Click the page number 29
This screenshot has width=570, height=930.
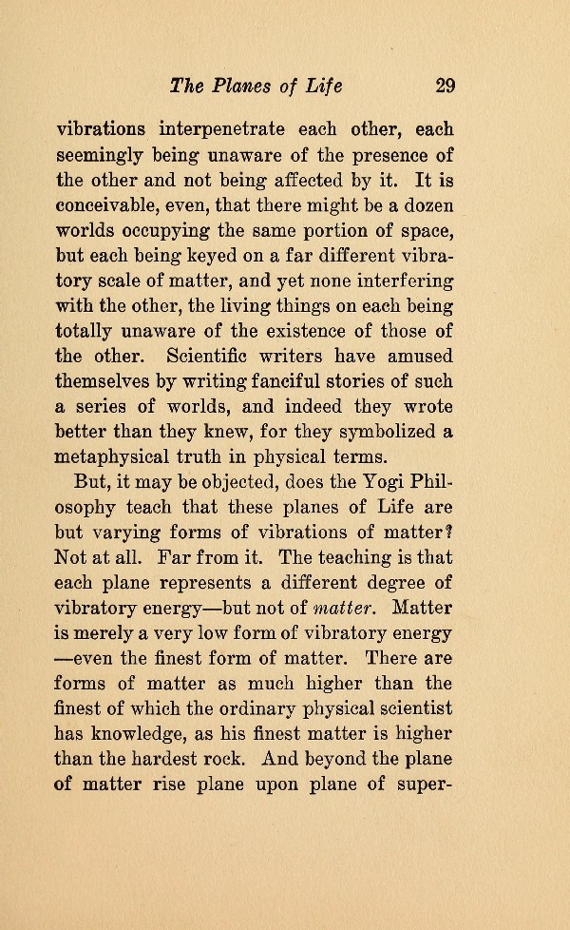pyautogui.click(x=446, y=87)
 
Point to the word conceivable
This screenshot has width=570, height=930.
pyautogui.click(x=114, y=203)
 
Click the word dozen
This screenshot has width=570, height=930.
pyautogui.click(x=427, y=203)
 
